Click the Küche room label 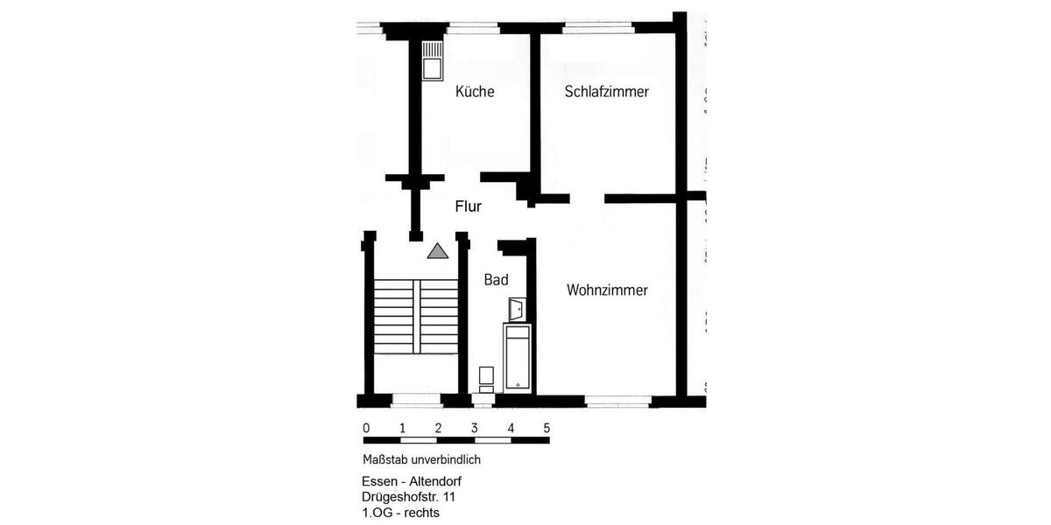click(x=475, y=91)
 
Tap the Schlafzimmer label click(x=606, y=91)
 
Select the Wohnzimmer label click(x=607, y=290)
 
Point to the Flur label click(x=469, y=207)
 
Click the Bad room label click(x=497, y=280)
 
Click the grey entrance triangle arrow click(x=437, y=251)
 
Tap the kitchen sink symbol click(x=433, y=61)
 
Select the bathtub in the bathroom click(x=516, y=356)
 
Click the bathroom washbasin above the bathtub click(x=517, y=308)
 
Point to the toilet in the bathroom click(x=486, y=379)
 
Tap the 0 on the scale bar click(x=366, y=428)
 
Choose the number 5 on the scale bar click(x=547, y=428)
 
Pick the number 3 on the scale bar click(x=474, y=428)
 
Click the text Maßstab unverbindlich click(x=421, y=459)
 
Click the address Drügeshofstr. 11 click(x=408, y=497)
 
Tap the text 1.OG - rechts click(x=400, y=512)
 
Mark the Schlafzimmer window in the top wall click(x=597, y=28)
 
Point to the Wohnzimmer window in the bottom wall click(x=617, y=402)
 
